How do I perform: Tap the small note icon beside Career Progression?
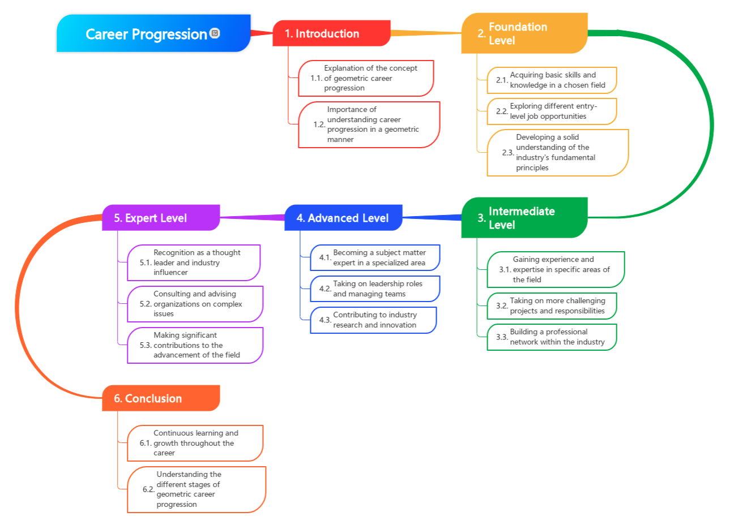[x=215, y=33]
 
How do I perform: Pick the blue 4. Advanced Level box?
[x=343, y=218]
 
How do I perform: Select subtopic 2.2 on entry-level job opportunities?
[x=552, y=111]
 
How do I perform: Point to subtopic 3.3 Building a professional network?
[x=552, y=337]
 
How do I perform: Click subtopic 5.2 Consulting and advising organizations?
[x=195, y=304]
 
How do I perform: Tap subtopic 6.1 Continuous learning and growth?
[x=195, y=443]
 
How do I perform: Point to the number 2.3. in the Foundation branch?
[x=507, y=153]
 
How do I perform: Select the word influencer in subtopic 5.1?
[x=170, y=273]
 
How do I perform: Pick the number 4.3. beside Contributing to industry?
[x=325, y=320]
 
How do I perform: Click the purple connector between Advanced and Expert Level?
[x=252, y=217]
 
